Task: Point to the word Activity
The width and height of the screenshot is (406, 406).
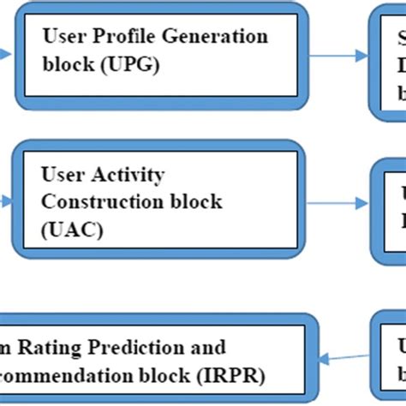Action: pos(122,176)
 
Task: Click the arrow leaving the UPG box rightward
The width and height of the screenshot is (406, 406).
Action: pos(337,58)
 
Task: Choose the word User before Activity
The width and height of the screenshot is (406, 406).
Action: pos(63,176)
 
